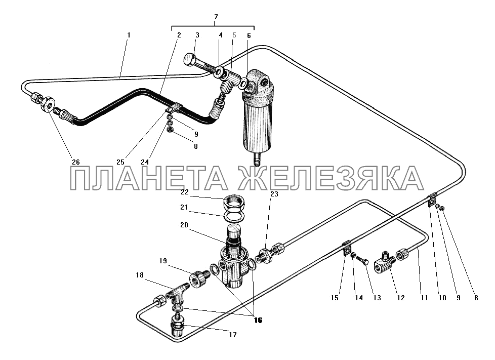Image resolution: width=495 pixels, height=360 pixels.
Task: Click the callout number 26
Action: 76,162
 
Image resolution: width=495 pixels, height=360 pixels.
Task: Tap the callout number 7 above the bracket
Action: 216,17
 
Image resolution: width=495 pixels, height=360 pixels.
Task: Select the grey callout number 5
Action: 234,35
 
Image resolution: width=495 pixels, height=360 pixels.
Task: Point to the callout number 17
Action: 233,335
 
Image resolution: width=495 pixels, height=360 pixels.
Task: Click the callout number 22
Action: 185,192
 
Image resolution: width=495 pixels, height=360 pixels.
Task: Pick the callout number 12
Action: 401,298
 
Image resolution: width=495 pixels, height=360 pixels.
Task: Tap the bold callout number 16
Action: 258,320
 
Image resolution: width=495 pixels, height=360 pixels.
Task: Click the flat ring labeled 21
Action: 234,216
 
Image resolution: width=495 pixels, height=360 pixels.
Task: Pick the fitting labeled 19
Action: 199,278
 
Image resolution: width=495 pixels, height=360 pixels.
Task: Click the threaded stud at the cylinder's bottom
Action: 256,159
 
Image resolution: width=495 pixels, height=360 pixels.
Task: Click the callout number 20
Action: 184,225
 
